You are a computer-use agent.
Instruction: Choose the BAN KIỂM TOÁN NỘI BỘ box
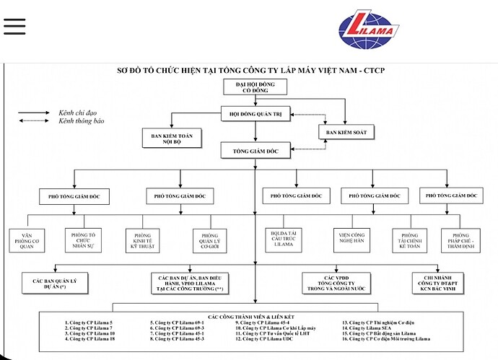(172, 138)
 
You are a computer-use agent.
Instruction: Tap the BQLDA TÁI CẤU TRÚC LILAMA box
(286, 240)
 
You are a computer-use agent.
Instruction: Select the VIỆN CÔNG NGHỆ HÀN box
(354, 240)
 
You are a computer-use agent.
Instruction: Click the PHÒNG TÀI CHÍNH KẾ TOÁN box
(409, 240)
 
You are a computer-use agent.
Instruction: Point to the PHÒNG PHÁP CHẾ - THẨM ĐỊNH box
(460, 240)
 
